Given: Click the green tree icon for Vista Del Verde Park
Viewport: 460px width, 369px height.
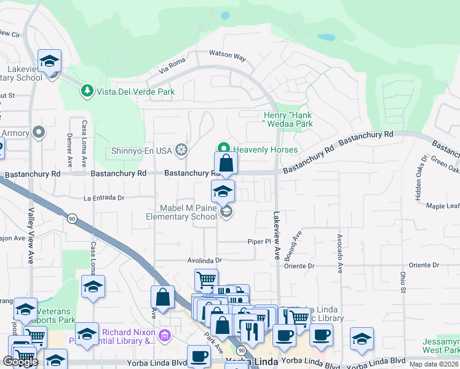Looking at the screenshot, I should tap(87, 92).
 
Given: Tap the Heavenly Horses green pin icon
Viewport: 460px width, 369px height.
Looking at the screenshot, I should tap(224, 149).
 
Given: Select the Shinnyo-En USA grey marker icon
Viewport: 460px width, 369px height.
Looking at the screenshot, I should tap(181, 149).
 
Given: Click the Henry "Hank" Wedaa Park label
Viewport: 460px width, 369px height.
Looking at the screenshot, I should tap(288, 119).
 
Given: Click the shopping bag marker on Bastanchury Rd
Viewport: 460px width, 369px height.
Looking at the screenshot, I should tap(226, 164).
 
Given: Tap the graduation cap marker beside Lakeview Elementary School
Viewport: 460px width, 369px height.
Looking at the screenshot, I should tap(49, 61).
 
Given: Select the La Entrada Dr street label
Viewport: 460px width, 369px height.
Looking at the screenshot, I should tap(104, 198).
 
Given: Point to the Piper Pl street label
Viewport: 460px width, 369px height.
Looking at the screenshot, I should tap(259, 242).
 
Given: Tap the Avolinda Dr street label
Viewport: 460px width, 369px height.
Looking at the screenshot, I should tap(204, 260).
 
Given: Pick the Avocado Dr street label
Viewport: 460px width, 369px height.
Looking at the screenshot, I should tap(339, 253).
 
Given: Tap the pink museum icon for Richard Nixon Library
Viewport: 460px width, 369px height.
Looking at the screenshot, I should tap(164, 336).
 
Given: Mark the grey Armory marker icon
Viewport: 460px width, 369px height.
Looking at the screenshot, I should tap(39, 132).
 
